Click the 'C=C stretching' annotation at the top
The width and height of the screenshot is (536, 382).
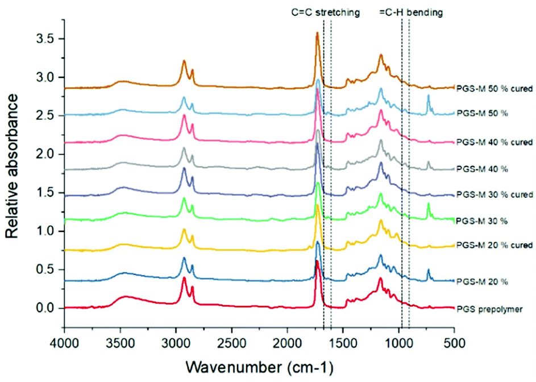click(324, 11)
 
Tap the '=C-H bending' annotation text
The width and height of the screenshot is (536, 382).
click(412, 11)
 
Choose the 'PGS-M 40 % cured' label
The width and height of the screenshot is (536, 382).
click(495, 142)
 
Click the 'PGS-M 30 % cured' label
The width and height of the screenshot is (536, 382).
click(495, 194)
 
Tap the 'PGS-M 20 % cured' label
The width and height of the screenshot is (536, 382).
click(495, 246)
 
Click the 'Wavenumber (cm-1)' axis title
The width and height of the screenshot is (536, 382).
click(259, 365)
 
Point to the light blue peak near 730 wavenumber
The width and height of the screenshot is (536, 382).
click(428, 96)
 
